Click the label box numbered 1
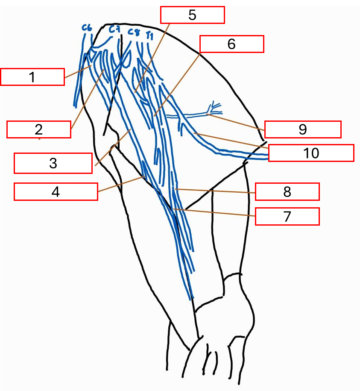pos(32,77)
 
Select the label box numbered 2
pos(39,129)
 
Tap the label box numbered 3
pos(53,163)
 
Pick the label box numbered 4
pos(56,191)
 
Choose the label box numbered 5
pos(192,15)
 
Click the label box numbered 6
pos(231,44)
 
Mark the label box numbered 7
pos(287,216)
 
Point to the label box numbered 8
pos(287,191)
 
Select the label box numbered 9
pos(303,129)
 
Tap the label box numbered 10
pos(311,153)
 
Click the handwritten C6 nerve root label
pos(87,28)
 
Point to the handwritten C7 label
pos(114,29)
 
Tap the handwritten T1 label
pos(149,35)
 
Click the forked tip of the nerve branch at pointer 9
pos(215,106)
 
